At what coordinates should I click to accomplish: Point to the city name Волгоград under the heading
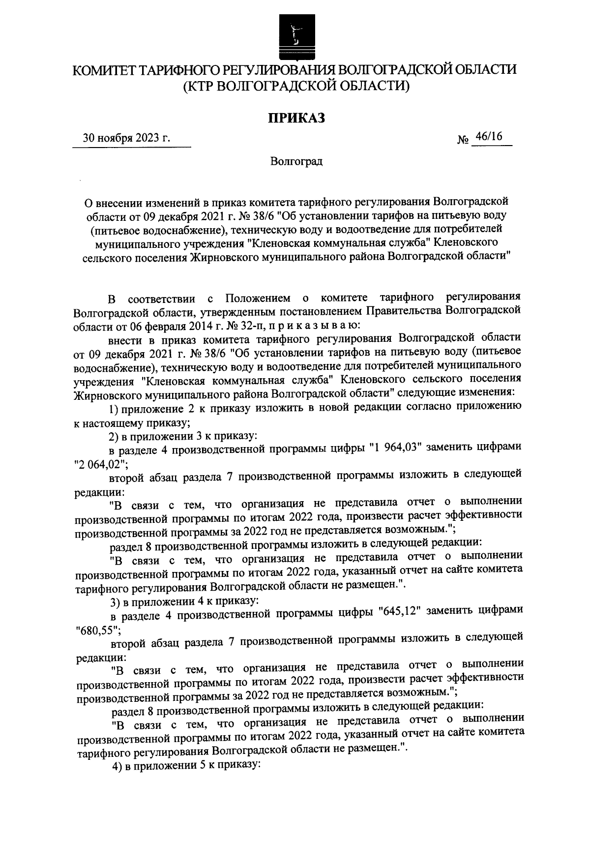click(296, 161)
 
